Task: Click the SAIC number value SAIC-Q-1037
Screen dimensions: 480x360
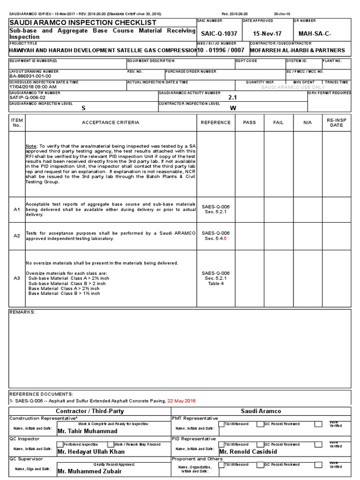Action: (219, 34)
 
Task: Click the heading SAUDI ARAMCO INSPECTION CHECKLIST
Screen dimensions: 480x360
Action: (83, 22)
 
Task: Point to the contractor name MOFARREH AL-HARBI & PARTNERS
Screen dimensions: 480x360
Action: (297, 50)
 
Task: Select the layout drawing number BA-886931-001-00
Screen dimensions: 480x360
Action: (30, 76)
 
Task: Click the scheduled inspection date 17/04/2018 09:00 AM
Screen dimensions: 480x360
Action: (33, 87)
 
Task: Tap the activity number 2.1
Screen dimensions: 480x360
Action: (232, 97)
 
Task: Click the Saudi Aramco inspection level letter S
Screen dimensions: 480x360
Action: (83, 108)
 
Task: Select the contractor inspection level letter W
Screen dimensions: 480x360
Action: (232, 108)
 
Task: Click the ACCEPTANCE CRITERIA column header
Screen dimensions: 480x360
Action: (111, 122)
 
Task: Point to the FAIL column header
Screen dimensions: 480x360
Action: (278, 122)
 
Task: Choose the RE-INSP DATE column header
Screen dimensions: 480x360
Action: (336, 122)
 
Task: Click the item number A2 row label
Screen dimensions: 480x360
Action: (17, 236)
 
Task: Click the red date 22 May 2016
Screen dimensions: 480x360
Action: (181, 401)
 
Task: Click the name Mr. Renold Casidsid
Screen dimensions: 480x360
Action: (248, 452)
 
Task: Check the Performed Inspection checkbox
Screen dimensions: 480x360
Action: (60, 444)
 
